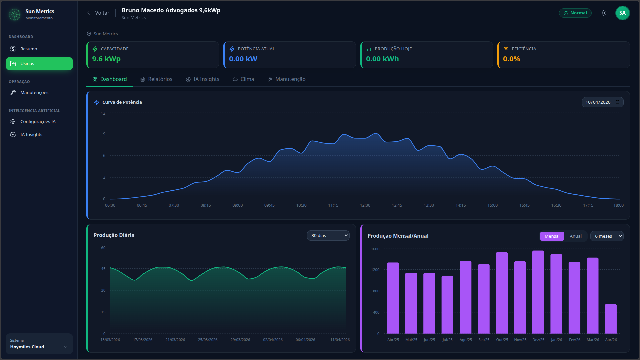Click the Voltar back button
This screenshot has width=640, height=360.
[98, 13]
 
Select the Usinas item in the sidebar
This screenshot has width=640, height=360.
[39, 64]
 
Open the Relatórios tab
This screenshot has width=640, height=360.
[156, 79]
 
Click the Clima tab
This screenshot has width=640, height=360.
[243, 79]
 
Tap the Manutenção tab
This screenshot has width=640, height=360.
[286, 79]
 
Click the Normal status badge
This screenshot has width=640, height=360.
[575, 13]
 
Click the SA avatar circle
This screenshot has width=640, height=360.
[622, 13]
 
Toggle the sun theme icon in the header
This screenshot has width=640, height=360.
[603, 13]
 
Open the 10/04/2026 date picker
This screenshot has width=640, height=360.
[602, 102]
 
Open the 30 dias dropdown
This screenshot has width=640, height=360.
[328, 236]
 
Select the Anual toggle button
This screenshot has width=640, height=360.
[575, 236]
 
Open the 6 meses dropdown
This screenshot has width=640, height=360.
[607, 236]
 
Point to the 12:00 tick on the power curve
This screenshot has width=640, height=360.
[365, 205]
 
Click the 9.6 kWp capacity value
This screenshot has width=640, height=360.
[106, 59]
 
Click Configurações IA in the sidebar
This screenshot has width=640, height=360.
[38, 122]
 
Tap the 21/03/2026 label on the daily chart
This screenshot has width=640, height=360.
[175, 340]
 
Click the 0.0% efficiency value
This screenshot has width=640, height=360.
[511, 59]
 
